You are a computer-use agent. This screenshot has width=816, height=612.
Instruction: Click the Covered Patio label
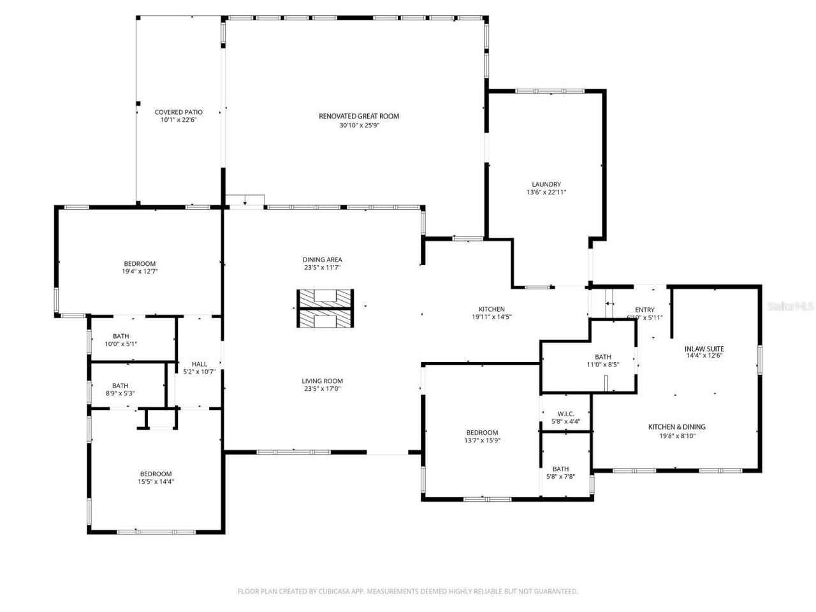pos(178,112)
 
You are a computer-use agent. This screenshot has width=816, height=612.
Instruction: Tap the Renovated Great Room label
pos(359,116)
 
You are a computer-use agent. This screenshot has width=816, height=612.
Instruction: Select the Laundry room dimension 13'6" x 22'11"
pos(546,192)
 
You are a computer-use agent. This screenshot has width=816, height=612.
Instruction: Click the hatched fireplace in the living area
pos(324,309)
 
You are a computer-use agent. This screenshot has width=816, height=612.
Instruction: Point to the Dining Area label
pos(322,259)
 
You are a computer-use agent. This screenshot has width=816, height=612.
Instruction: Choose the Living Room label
pos(322,381)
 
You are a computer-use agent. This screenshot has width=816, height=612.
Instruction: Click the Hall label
pos(199,364)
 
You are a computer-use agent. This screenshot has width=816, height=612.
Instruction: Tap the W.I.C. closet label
pos(565,414)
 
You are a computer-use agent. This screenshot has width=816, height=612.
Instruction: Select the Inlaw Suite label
pos(704,349)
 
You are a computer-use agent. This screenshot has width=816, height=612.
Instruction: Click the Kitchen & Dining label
pos(676,427)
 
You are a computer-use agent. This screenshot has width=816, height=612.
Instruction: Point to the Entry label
pos(645,310)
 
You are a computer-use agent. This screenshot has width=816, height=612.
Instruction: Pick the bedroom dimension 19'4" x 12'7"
pos(140,271)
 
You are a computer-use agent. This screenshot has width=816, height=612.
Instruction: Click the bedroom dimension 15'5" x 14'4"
pos(156,482)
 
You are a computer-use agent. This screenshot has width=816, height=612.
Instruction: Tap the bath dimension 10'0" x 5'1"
pos(120,344)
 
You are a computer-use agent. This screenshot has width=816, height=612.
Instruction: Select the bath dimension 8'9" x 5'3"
pos(120,393)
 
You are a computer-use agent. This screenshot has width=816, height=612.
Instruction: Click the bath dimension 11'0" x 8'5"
pos(602,365)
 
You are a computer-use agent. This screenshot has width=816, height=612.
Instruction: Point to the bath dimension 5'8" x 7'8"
pos(560,476)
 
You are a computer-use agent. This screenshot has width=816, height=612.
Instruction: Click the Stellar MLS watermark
pos(790,306)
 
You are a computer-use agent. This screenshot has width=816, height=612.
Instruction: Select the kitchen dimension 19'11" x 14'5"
pos(492,317)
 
